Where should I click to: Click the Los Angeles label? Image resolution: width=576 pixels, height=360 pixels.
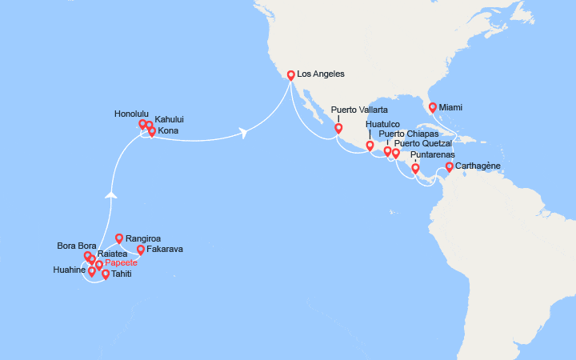click(320, 74)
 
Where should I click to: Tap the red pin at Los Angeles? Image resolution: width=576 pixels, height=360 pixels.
click(290, 76)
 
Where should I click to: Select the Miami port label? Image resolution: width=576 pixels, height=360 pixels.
click(451, 106)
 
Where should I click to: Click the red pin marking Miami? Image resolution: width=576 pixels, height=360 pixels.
click(433, 107)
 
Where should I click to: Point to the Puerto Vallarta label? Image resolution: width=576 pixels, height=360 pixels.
click(359, 109)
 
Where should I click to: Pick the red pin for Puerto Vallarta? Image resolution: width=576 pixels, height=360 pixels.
click(338, 128)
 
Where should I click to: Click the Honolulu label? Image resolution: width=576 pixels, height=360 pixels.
click(131, 114)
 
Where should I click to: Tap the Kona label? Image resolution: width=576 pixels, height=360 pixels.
click(169, 130)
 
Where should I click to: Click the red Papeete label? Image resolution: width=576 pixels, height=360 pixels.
click(121, 262)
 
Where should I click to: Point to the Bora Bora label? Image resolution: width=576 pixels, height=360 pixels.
click(77, 246)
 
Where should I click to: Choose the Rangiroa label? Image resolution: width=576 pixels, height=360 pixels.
click(144, 238)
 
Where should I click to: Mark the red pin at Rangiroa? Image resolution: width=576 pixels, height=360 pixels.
click(119, 238)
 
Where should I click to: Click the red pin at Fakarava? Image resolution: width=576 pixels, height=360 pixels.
click(141, 250)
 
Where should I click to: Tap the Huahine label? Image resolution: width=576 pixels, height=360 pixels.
click(70, 270)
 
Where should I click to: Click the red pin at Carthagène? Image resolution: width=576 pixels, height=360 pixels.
click(450, 167)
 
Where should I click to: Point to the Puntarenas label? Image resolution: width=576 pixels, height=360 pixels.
click(432, 155)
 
